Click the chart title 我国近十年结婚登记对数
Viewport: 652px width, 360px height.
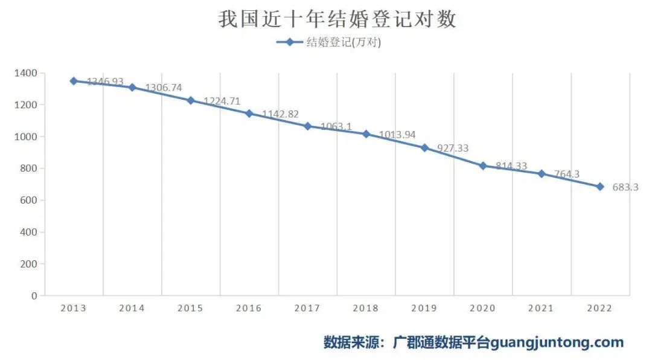pyautogui.click(x=337, y=19)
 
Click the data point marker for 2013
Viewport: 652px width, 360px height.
pyautogui.click(x=74, y=81)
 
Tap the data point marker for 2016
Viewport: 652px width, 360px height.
pyautogui.click(x=249, y=113)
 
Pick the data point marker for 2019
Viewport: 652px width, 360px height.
pyautogui.click(x=424, y=147)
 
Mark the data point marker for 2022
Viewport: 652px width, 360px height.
pyautogui.click(x=600, y=187)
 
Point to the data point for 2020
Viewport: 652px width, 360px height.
pyautogui.click(x=483, y=166)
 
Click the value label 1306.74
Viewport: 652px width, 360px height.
pyautogui.click(x=163, y=88)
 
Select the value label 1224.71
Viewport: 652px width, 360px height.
pyautogui.click(x=222, y=101)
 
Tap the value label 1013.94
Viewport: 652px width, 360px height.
pyautogui.click(x=397, y=135)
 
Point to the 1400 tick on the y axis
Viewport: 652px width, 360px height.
pyautogui.click(x=26, y=73)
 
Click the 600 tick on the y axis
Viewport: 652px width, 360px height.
pyautogui.click(x=30, y=200)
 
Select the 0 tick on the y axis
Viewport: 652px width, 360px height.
pyautogui.click(x=34, y=295)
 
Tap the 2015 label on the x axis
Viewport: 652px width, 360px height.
pyautogui.click(x=190, y=308)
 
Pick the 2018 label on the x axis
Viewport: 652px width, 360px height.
pyautogui.click(x=366, y=308)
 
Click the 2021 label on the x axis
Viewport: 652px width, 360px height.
pyautogui.click(x=541, y=308)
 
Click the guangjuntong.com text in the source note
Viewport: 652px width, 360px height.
pyautogui.click(x=557, y=342)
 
